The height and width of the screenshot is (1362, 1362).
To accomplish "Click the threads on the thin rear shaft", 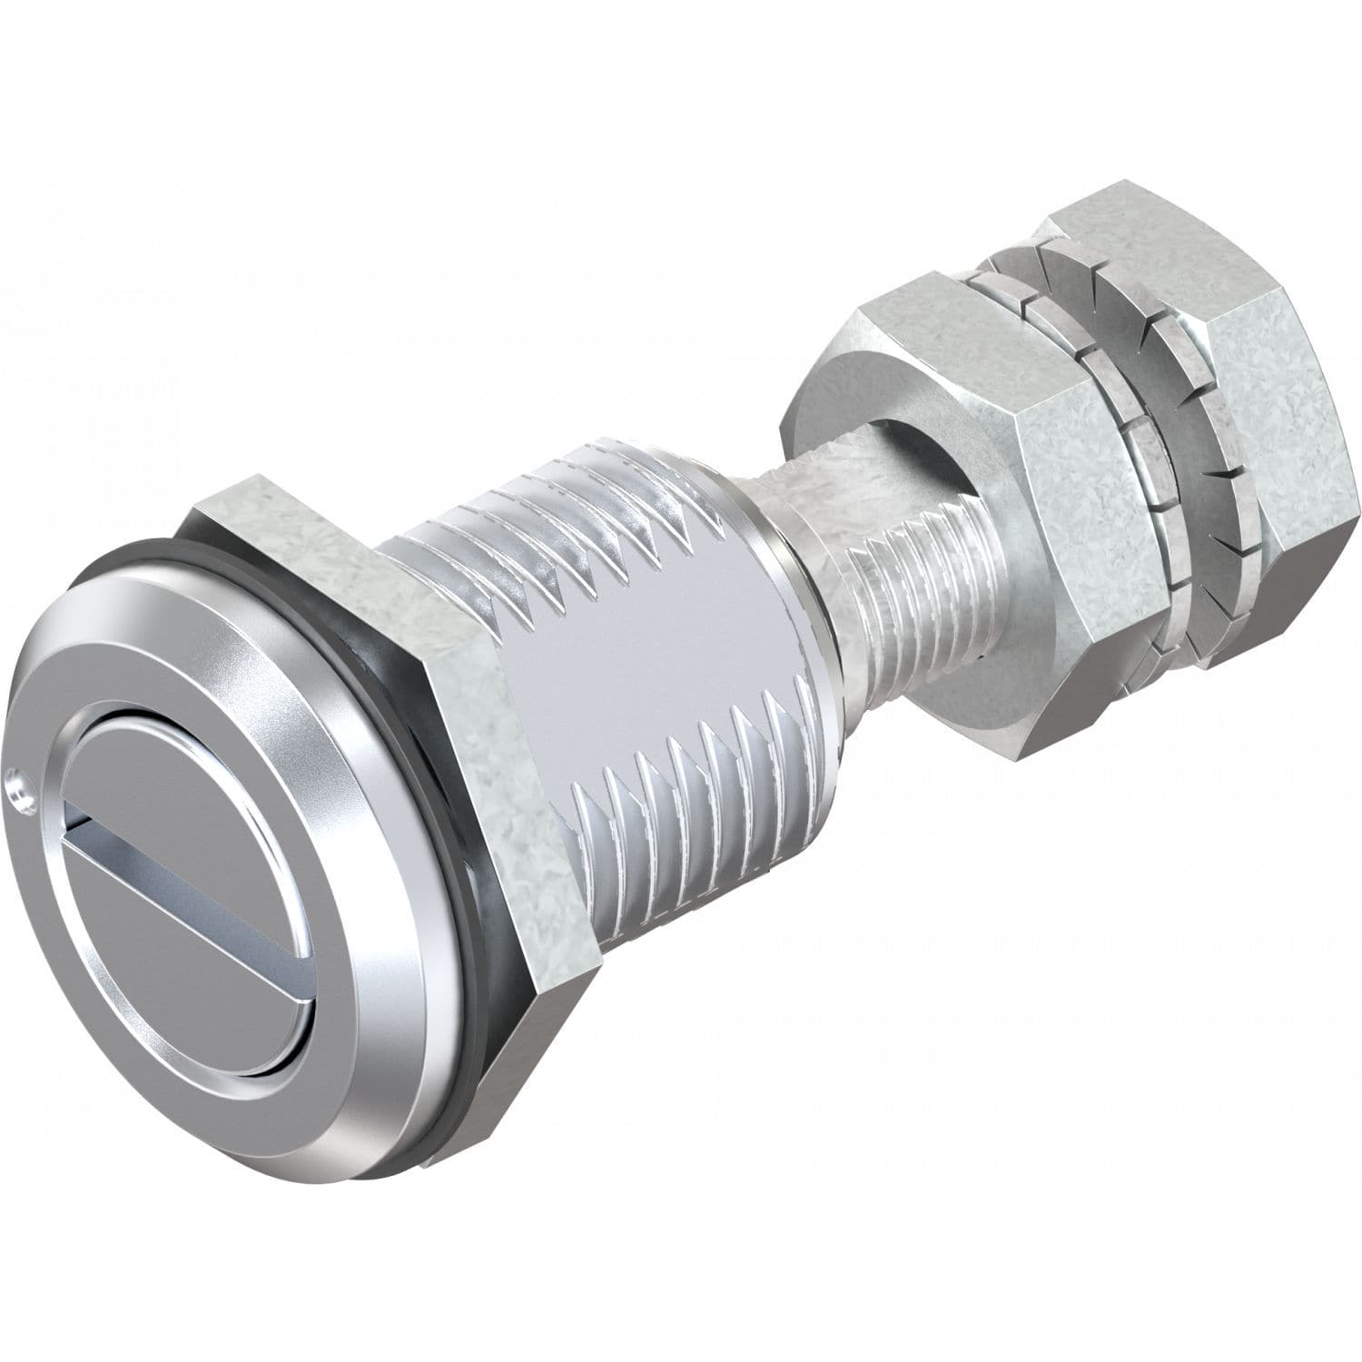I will pyautogui.click(x=908, y=590).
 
